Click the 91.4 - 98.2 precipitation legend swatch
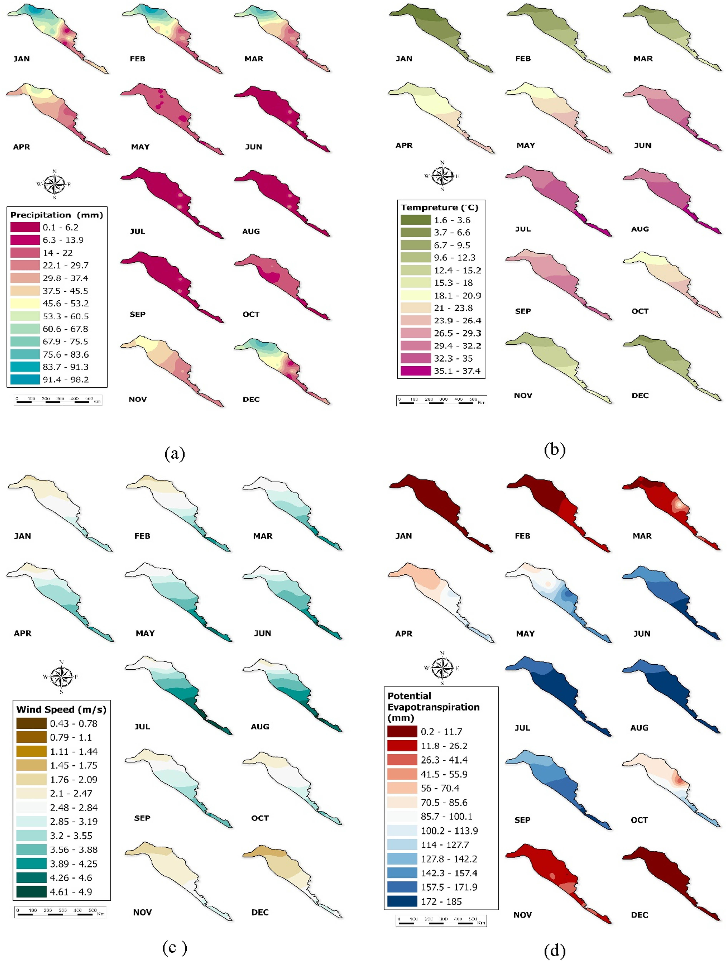pyautogui.click(x=25, y=379)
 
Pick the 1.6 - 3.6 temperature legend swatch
pyautogui.click(x=416, y=220)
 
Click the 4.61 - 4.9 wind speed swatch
pyautogui.click(x=31, y=891)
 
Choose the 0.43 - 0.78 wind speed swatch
pyautogui.click(x=31, y=723)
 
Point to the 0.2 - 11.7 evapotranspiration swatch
pyautogui.click(x=402, y=732)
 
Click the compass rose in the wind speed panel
pyautogui.click(x=61, y=676)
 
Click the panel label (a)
pyautogui.click(x=174, y=454)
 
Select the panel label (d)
pyautogui.click(x=555, y=951)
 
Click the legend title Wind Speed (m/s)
pyautogui.click(x=61, y=709)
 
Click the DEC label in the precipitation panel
pyautogui.click(x=251, y=399)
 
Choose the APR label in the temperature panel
pyautogui.click(x=404, y=145)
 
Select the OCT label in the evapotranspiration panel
pyautogui.click(x=639, y=820)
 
